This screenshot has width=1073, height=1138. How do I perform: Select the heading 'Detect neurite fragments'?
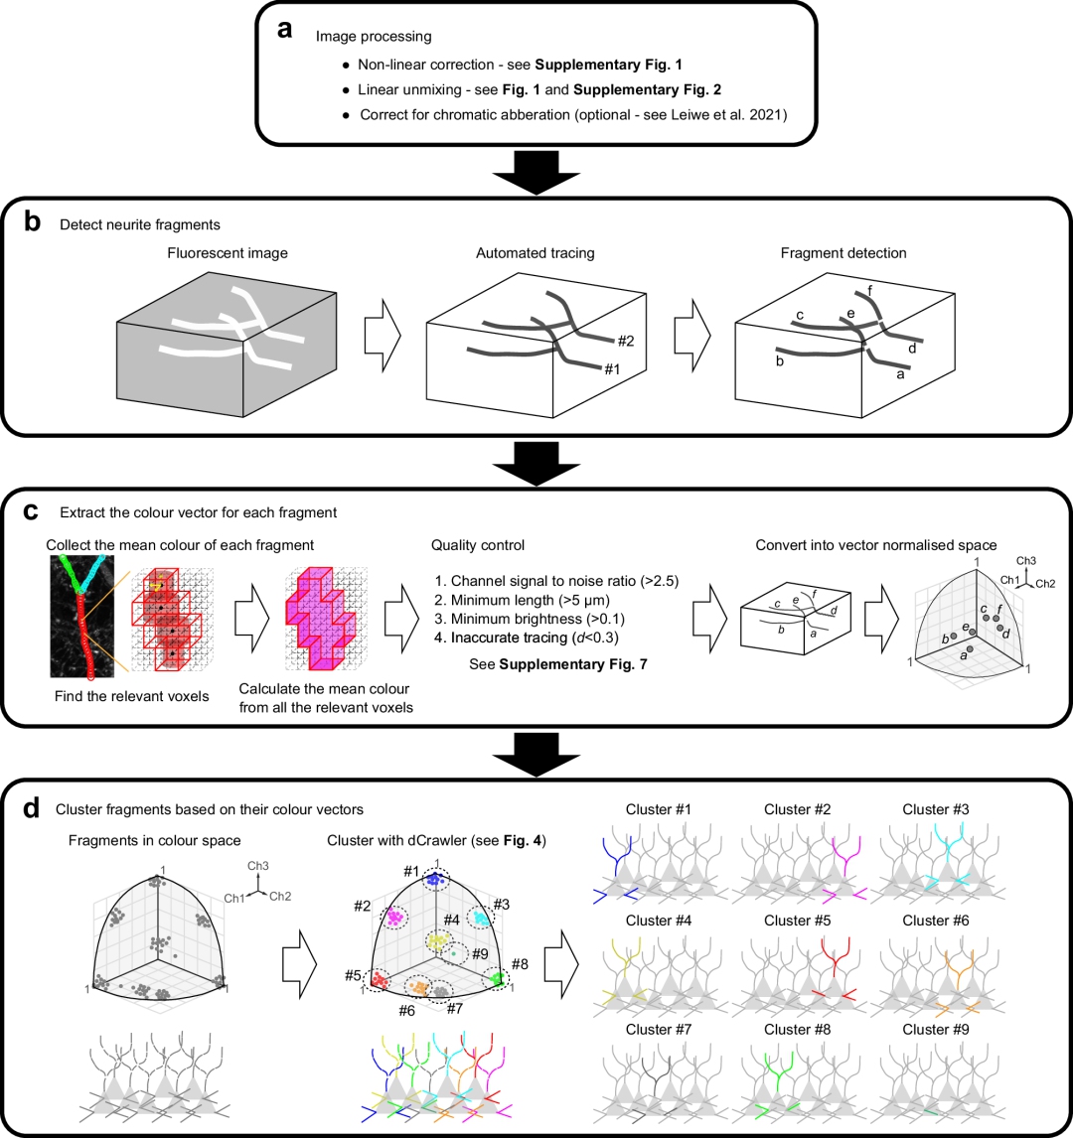140,224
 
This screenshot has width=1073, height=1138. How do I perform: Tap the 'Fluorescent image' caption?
228,253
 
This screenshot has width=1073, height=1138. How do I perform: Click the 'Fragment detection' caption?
843,253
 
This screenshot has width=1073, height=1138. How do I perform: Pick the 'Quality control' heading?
477,545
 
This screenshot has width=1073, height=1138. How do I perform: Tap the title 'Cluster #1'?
660,809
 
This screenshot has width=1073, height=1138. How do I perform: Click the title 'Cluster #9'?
937,1030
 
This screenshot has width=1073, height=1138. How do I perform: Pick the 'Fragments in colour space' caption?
155,841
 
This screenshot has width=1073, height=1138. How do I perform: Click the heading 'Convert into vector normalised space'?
877,545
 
